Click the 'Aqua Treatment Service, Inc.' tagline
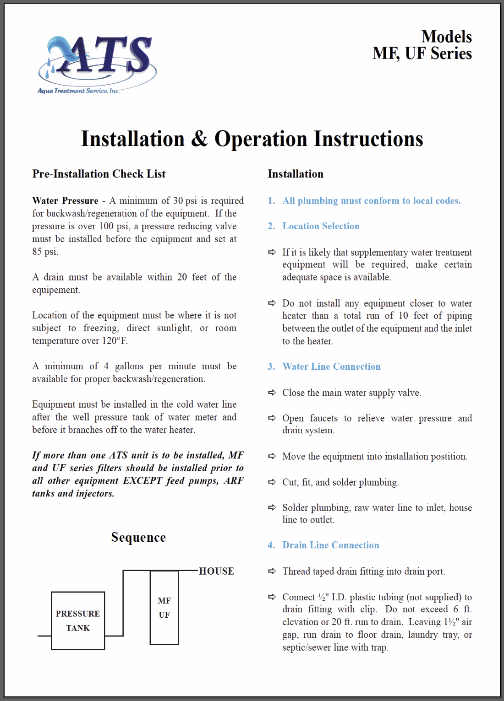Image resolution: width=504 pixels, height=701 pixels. [x=78, y=91]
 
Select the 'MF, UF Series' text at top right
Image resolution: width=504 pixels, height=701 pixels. [x=422, y=54]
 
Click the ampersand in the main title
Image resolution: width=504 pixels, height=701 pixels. [x=199, y=139]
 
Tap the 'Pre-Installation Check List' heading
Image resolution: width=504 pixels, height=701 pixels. [x=99, y=174]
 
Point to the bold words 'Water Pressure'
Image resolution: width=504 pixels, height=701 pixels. [x=65, y=201]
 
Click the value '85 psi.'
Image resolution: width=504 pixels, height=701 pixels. [x=45, y=252]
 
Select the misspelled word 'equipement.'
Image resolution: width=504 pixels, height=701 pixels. [x=56, y=290]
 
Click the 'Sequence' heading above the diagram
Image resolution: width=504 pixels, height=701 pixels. [x=138, y=537]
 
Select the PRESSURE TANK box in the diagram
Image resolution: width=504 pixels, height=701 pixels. [x=78, y=621]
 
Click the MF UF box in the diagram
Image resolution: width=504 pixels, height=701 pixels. [x=164, y=608]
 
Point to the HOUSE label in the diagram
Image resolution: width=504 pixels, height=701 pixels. [x=216, y=571]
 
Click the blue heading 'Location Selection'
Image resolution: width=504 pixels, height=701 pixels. [x=321, y=226]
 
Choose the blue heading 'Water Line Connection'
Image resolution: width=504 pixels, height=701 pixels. [x=331, y=367]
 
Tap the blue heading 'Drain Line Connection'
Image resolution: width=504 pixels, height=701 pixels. [x=331, y=545]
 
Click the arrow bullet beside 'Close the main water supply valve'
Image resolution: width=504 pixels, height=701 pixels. [x=272, y=393]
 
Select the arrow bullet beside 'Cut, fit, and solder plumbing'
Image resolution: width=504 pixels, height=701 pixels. [x=272, y=482]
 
